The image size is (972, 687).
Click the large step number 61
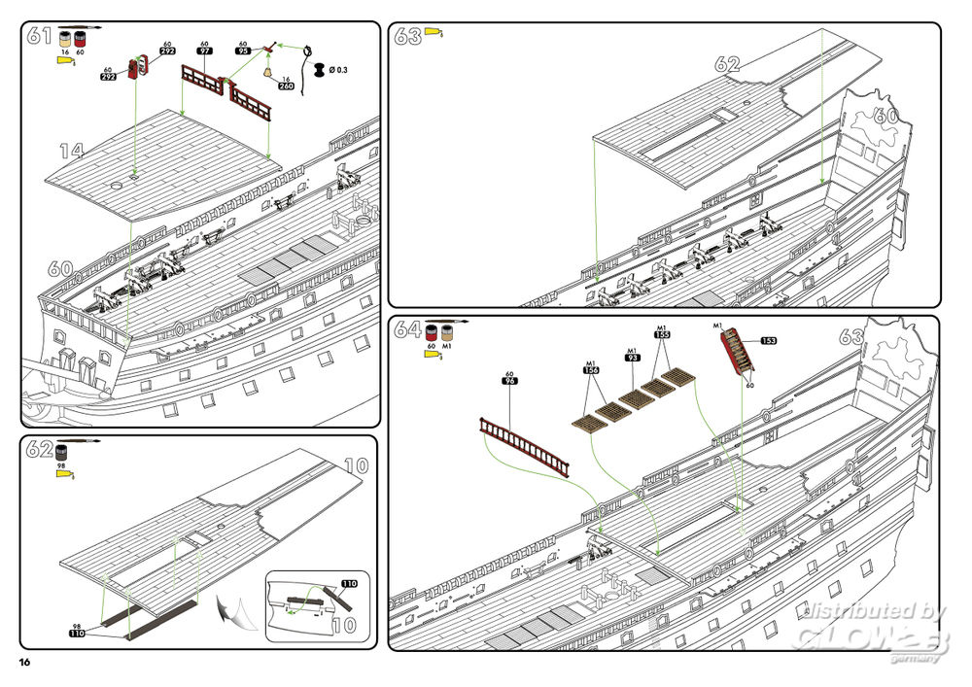40,36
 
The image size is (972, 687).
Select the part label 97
205,51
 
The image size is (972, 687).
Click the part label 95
243,51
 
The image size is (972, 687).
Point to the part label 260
286,86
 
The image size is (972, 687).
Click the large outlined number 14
71,152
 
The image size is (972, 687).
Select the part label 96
508,381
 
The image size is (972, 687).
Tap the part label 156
591,369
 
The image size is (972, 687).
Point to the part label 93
632,358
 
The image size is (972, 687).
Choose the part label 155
662,334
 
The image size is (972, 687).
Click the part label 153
769,340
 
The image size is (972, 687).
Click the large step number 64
408,330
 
